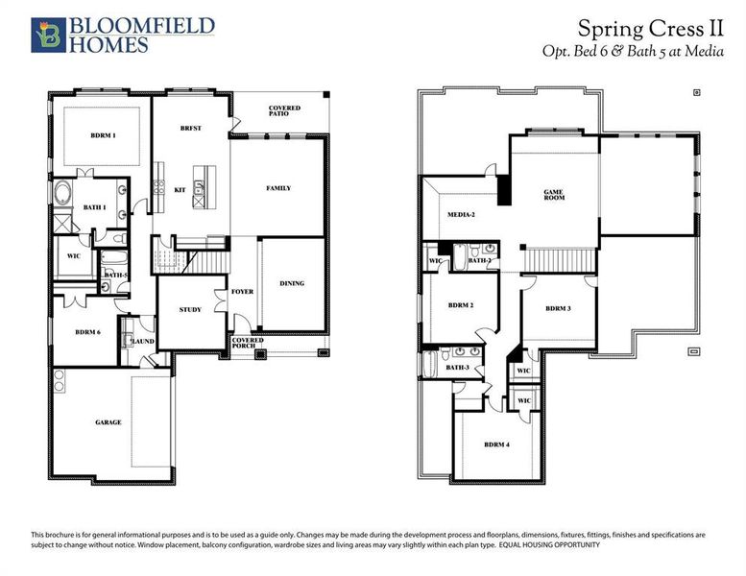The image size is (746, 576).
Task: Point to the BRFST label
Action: [190, 128]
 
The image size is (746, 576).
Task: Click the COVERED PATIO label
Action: [284, 110]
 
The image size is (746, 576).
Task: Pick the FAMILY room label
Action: [278, 188]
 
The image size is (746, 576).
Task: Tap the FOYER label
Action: [243, 291]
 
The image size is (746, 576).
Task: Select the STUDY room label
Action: [190, 309]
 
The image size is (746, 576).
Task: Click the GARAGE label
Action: [108, 422]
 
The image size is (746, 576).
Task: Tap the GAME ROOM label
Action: [553, 195]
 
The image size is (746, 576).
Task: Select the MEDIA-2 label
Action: [462, 214]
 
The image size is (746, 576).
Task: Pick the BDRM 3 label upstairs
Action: [558, 308]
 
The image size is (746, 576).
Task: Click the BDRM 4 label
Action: [495, 444]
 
